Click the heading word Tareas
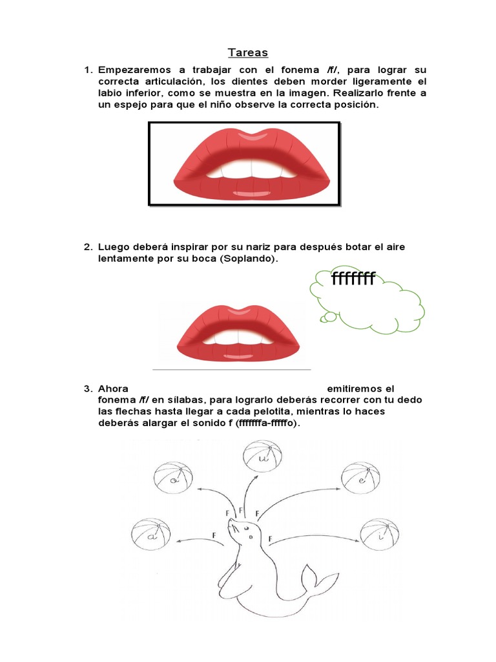248,52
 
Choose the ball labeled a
150,535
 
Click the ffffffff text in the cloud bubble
353,279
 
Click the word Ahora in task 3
114,389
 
